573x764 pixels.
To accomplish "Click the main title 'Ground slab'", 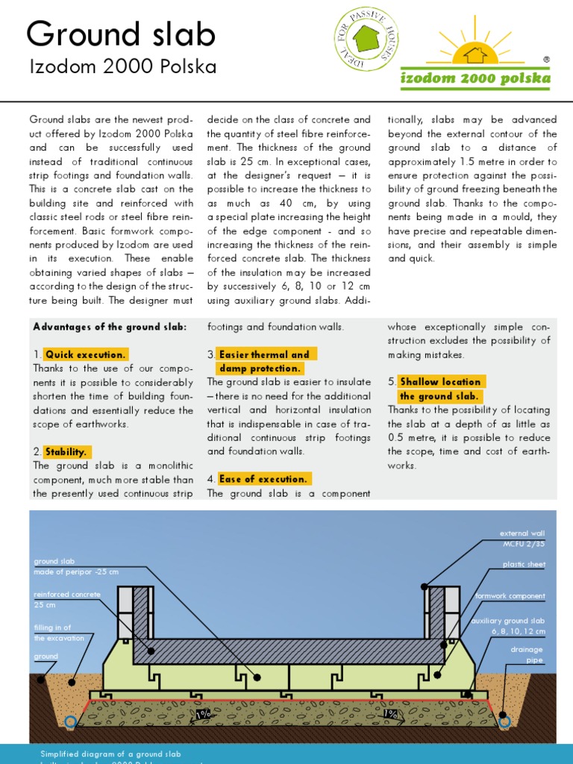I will click(x=121, y=34).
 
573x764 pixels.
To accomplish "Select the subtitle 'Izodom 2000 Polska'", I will click(x=123, y=67).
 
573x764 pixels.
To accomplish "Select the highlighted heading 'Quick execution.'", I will click(x=85, y=354).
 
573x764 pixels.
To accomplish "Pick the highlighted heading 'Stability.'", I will click(x=66, y=451).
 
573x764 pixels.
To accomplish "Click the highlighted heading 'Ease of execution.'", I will click(x=263, y=479).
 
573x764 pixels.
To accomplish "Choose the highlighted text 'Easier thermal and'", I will click(x=263, y=354).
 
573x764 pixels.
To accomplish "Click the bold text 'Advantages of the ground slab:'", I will click(x=110, y=327).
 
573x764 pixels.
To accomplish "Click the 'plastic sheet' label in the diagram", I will click(x=524, y=565).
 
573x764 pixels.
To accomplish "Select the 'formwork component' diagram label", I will click(x=510, y=596).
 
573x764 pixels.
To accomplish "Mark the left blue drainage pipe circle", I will click(x=70, y=721).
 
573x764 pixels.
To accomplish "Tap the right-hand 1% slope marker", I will click(x=390, y=715).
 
